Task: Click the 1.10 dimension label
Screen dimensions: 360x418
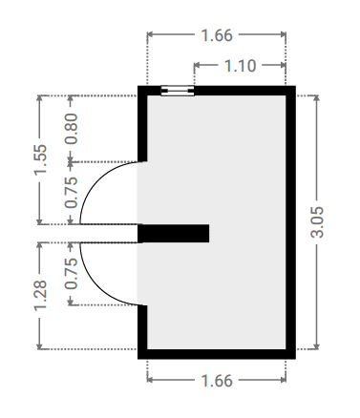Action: coord(241,66)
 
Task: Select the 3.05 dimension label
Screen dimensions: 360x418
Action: coord(317,222)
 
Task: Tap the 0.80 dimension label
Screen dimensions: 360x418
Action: coord(72,129)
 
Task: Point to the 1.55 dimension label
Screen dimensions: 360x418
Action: coord(40,159)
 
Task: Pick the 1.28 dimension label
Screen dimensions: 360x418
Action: coord(40,295)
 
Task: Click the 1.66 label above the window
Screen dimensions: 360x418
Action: coord(217,35)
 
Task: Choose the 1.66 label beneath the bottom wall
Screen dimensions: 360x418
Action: coord(217,381)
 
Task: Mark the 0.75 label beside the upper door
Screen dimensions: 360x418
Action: coord(72,192)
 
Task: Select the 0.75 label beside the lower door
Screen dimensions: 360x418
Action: coord(72,273)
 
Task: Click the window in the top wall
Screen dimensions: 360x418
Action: coord(178,91)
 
